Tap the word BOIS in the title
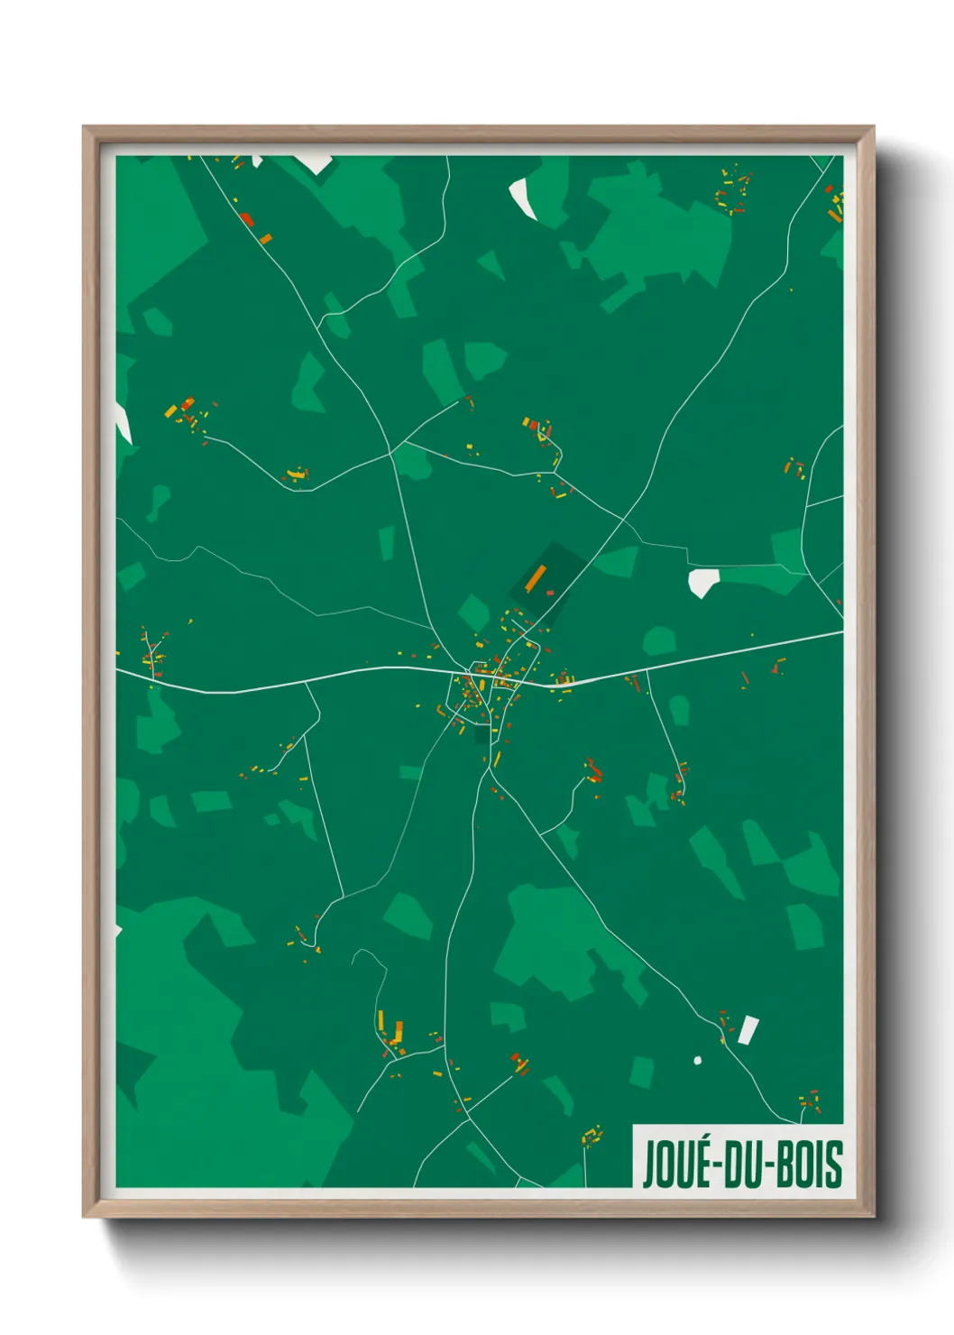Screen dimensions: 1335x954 808,1164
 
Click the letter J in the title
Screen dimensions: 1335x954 648,1164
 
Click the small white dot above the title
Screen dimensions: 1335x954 697,1060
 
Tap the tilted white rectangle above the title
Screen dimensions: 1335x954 748,1029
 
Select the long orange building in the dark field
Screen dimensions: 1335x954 536,577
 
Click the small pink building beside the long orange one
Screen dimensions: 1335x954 550,593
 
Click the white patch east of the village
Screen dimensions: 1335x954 702,582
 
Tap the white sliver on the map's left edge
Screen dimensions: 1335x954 123,423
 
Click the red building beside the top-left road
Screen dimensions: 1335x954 246,219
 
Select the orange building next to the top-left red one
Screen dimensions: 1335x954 265,238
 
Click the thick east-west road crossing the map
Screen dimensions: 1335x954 271,686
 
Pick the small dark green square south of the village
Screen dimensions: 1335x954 482,735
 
